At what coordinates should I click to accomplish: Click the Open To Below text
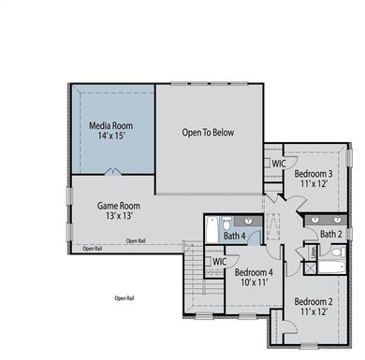tap(208, 133)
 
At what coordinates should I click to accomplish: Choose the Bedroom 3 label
tap(314, 174)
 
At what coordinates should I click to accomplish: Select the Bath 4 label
tap(235, 237)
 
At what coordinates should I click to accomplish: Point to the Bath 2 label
tap(330, 234)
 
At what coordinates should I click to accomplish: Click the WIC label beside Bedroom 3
tap(278, 163)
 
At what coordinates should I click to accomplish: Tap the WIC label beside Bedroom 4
tap(220, 262)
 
